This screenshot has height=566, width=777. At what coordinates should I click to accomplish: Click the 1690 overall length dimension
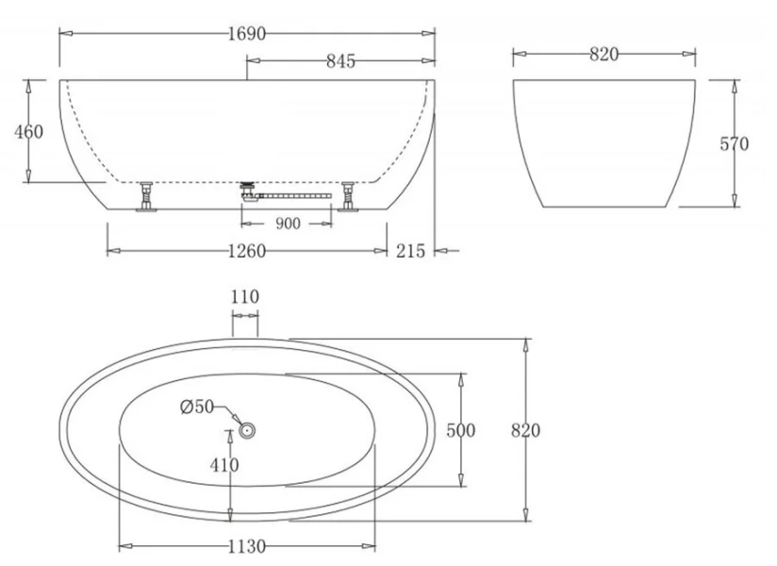[x=247, y=34]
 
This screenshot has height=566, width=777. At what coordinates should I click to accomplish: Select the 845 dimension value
[x=339, y=61]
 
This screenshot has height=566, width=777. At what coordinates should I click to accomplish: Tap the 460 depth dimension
[x=28, y=131]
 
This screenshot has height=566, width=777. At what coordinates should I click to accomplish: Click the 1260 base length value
[x=246, y=251]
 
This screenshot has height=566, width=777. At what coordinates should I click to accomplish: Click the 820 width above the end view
[x=603, y=55]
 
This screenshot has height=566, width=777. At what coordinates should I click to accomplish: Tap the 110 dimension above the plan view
[x=244, y=297]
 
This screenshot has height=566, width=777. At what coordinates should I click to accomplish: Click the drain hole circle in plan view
[x=248, y=430]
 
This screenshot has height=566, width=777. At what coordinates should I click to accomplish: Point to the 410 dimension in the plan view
[x=224, y=464]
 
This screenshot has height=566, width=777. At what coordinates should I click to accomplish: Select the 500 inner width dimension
[x=460, y=431]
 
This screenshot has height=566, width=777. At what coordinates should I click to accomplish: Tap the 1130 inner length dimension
[x=246, y=546]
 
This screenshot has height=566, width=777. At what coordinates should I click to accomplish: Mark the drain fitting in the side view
[x=250, y=191]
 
